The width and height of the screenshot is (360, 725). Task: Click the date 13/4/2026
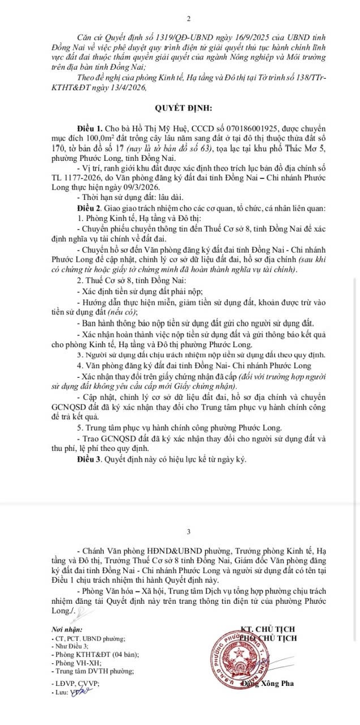(126, 88)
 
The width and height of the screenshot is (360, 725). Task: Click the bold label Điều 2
(89, 209)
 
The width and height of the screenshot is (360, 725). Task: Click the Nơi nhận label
(66, 629)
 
